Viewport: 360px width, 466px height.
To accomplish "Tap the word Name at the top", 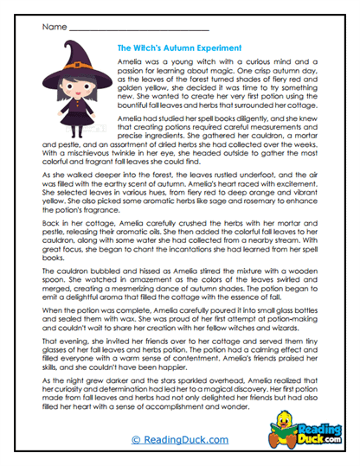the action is [x=53, y=27].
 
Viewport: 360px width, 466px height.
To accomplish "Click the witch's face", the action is [x=74, y=90].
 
